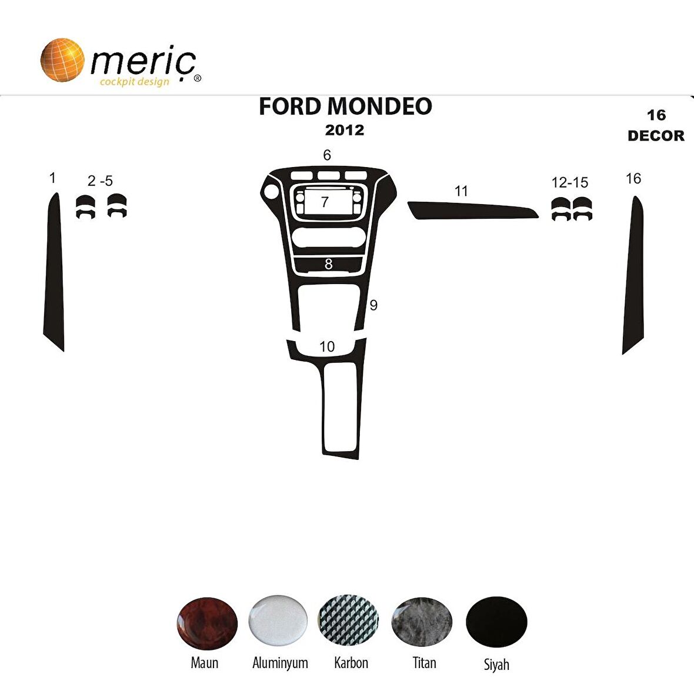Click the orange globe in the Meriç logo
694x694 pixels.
point(62,60)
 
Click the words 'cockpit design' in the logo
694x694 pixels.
point(135,82)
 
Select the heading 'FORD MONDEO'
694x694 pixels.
point(345,106)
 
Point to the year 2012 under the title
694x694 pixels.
point(345,130)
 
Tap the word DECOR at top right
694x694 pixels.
point(656,136)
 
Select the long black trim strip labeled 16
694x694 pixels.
point(633,276)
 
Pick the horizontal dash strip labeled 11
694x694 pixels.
point(471,210)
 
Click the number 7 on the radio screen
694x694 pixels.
point(325,202)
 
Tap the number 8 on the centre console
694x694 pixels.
point(328,265)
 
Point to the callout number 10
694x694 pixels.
point(327,346)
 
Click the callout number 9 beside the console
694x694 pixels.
point(373,305)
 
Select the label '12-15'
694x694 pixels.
point(569,182)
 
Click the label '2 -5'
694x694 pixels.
point(100,181)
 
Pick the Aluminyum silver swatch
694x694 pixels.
point(278,620)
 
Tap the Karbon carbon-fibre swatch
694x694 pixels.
point(348,621)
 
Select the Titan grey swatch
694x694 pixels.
point(422,622)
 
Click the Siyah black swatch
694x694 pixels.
point(496,622)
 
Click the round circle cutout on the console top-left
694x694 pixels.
point(272,192)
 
